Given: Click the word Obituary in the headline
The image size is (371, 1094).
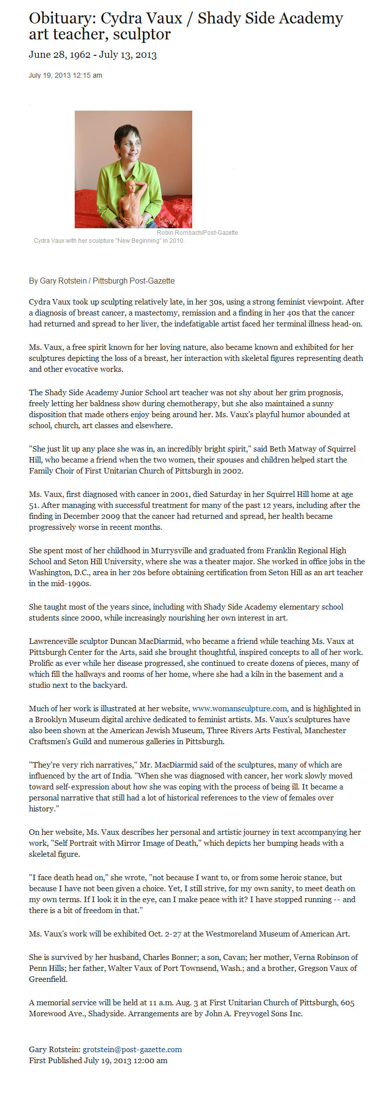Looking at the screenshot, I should pos(60,19).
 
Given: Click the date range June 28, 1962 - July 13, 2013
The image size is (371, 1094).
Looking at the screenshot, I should pos(93,55).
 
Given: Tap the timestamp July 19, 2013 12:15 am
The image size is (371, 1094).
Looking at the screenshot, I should pos(65,75).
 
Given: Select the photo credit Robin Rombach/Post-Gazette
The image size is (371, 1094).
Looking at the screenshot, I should pos(197,233).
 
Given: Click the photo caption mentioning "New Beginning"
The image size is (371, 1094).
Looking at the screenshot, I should pos(109,241).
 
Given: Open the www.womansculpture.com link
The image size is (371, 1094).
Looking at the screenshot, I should pos(240,708).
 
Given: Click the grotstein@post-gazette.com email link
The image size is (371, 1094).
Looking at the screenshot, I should pos(132,1049).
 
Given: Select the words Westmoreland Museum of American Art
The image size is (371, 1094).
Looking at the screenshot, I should pos(277,934).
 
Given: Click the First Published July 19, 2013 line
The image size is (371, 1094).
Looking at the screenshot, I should pos(98,1060).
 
